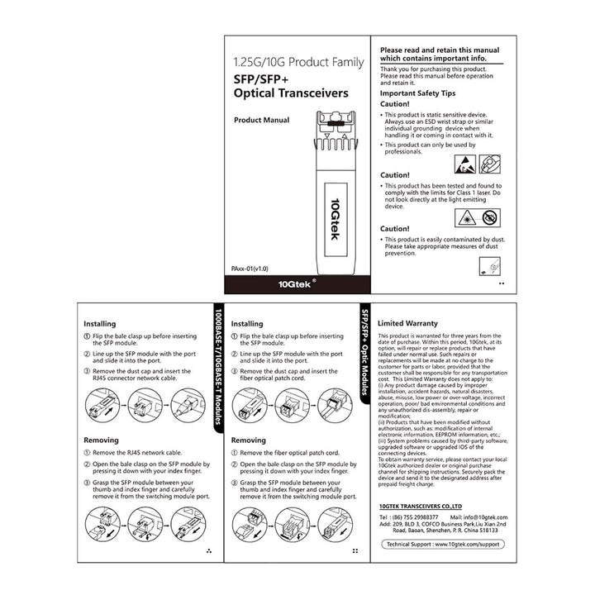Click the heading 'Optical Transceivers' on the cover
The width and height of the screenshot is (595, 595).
291,93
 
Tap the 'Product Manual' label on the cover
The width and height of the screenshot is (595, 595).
261,120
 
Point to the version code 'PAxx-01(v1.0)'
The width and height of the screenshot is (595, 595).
250,269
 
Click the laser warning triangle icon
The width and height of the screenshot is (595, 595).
464,217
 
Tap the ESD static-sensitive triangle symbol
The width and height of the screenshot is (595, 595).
464,163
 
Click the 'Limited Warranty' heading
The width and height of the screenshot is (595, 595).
407,323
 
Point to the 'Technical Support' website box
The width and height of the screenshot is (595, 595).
445,545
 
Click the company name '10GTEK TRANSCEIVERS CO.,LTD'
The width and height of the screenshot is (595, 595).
420,503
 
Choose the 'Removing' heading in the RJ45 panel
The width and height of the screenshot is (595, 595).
101,440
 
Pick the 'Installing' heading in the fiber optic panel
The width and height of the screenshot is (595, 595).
247,324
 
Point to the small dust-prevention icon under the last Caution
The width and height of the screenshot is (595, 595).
488,266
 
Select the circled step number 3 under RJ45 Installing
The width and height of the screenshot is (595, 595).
88,372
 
